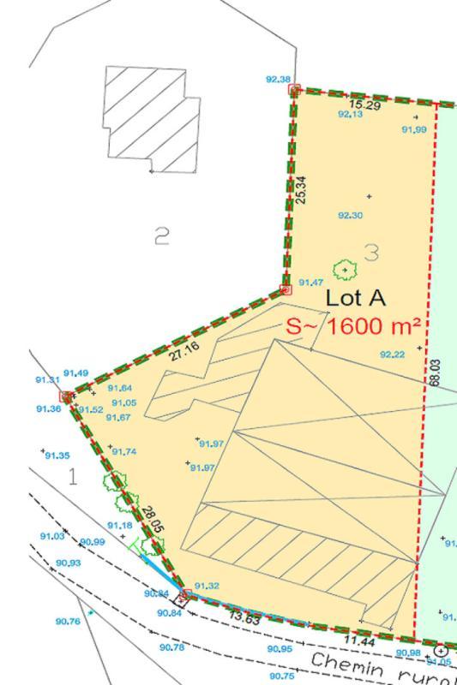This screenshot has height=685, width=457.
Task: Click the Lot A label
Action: click(x=356, y=299)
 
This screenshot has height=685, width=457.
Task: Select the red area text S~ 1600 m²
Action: click(x=352, y=326)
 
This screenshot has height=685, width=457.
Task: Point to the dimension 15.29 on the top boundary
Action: click(x=364, y=105)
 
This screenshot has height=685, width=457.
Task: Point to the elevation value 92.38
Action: click(x=278, y=79)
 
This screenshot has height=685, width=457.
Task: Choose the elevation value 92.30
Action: click(x=350, y=216)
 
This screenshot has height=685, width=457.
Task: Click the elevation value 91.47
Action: click(x=310, y=282)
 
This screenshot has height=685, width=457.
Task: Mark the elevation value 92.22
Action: click(x=392, y=354)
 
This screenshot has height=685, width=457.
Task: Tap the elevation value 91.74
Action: click(x=124, y=452)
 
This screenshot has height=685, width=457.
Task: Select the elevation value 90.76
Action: click(x=67, y=622)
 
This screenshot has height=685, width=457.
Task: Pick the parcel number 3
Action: click(x=371, y=252)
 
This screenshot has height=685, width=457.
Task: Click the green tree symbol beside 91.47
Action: click(x=345, y=271)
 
